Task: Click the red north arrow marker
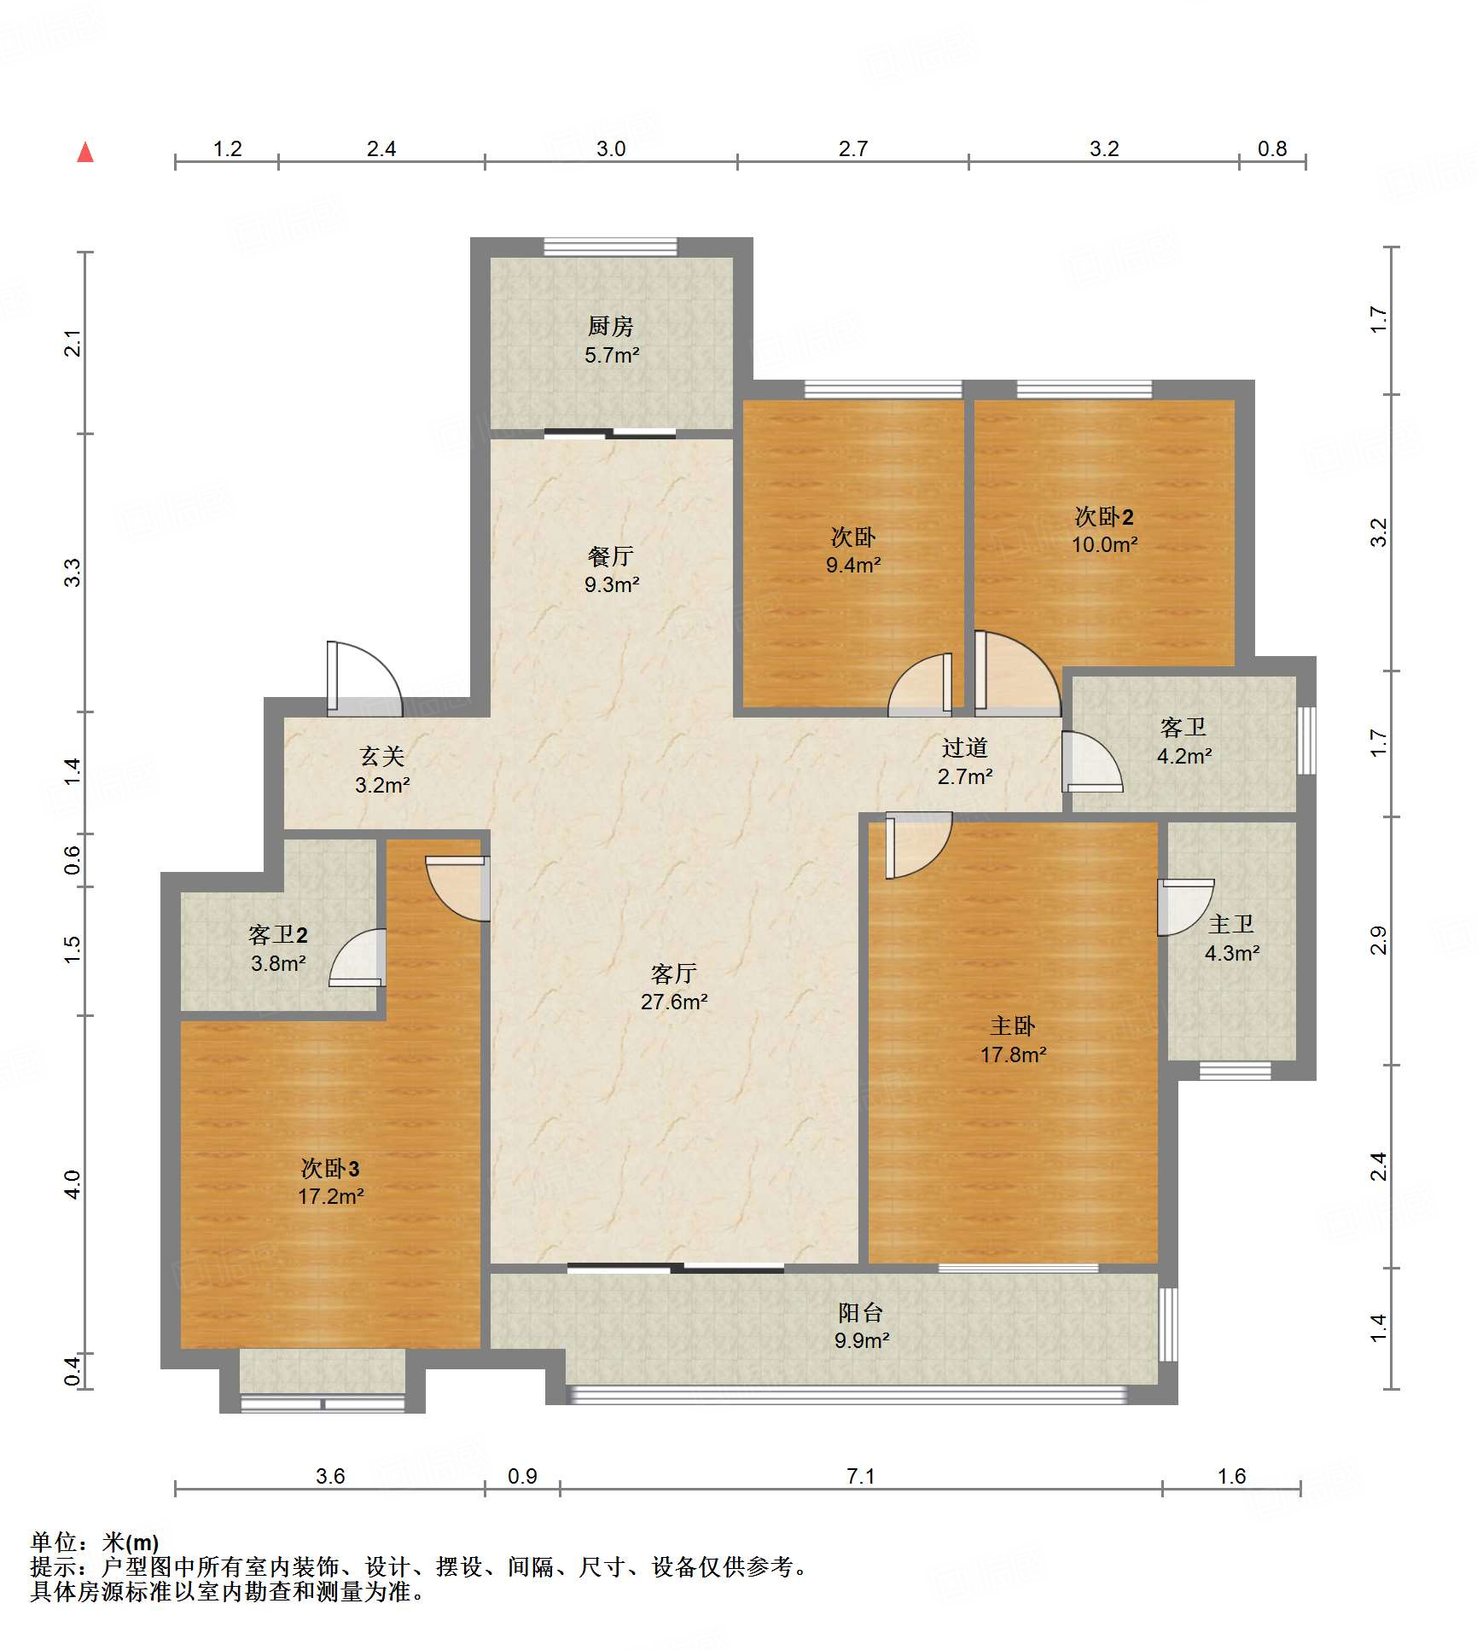click(85, 153)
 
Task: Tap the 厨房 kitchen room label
click(611, 326)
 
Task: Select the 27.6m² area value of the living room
click(674, 1002)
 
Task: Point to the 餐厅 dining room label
click(611, 556)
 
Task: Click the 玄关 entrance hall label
click(381, 756)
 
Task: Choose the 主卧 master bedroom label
click(1013, 1026)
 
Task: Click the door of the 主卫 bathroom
click(1184, 907)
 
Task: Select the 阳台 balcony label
click(860, 1312)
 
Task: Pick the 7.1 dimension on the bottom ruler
click(861, 1476)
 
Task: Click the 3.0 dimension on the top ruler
click(611, 148)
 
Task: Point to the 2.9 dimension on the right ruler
click(1379, 940)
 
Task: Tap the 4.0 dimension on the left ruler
click(73, 1184)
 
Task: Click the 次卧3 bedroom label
click(330, 1169)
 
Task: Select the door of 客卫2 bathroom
click(358, 957)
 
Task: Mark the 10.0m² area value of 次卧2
click(1105, 544)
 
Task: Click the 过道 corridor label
click(965, 748)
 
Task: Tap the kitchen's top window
click(611, 247)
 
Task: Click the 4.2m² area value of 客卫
click(1184, 756)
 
